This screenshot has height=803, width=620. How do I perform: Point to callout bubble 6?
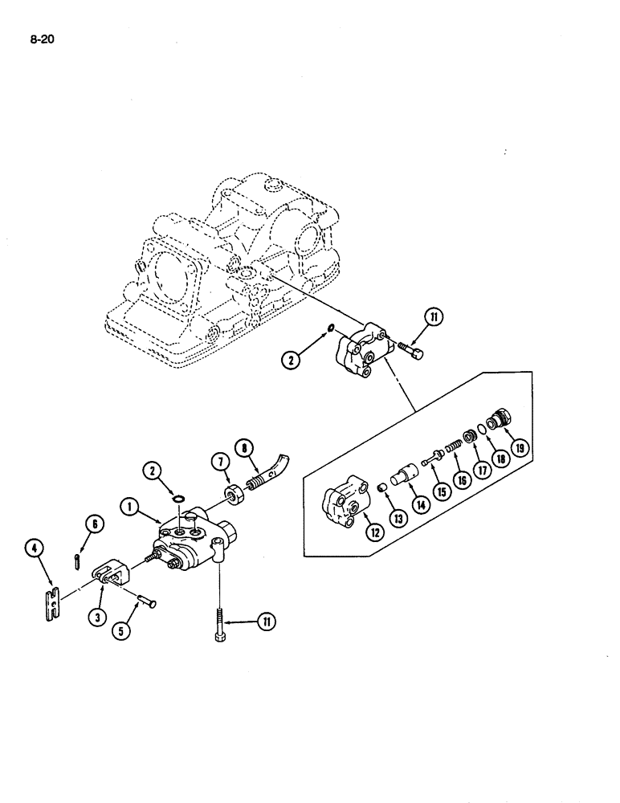[94, 524]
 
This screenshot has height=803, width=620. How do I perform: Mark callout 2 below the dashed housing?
[292, 359]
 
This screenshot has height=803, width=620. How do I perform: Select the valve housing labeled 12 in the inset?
[341, 503]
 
